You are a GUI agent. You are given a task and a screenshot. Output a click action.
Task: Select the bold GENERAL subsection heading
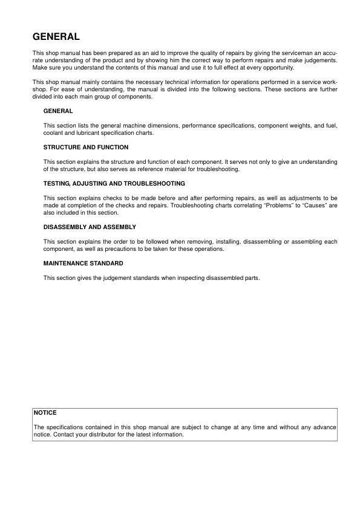(58, 111)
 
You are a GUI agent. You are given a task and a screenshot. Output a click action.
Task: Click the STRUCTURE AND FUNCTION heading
(86, 147)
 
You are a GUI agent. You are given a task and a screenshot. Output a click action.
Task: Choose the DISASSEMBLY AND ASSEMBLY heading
(90, 227)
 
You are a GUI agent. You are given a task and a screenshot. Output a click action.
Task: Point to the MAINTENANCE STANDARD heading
(83, 263)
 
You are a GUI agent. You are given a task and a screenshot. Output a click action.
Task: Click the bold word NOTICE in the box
(45, 412)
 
